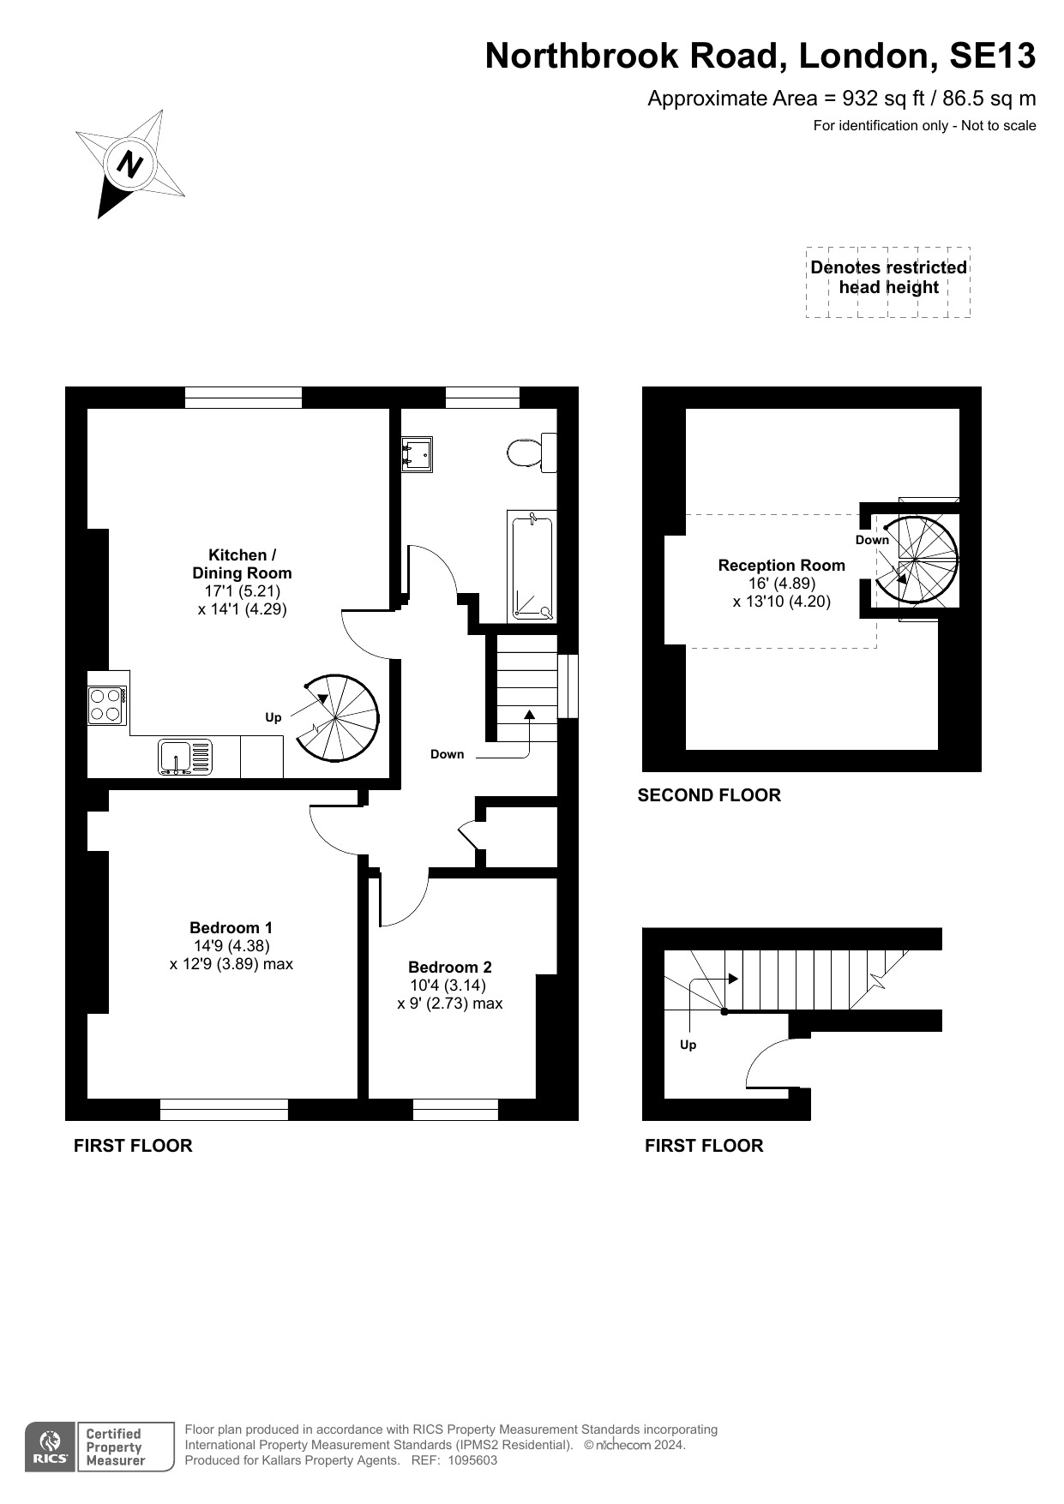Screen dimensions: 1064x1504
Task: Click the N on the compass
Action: point(130,164)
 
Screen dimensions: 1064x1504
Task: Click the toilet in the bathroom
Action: point(532,452)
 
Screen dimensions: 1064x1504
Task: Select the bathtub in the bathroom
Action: point(532,566)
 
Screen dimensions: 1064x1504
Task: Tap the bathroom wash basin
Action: point(417,454)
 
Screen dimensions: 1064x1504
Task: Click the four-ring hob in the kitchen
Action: point(108,706)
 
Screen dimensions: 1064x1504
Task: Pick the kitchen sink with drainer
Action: point(184,758)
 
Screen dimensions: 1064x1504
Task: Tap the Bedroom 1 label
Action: point(231,927)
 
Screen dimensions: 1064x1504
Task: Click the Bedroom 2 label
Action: point(450,967)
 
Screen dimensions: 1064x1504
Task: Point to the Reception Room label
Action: point(781,565)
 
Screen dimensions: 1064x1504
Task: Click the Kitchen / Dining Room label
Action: point(242,564)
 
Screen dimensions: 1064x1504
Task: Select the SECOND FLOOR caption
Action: point(709,795)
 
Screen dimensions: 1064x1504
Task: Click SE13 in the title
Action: point(992,56)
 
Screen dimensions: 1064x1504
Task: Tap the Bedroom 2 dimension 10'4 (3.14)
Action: point(449,986)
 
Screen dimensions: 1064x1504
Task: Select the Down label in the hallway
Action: point(447,754)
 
